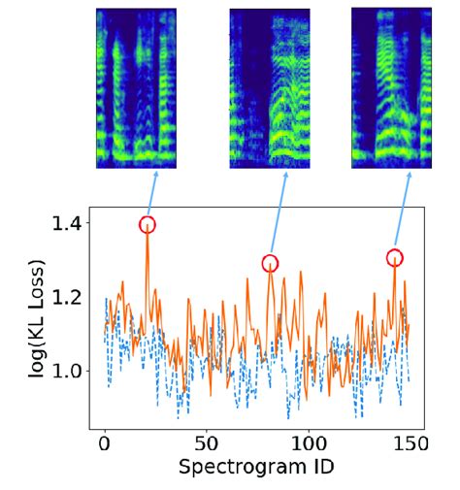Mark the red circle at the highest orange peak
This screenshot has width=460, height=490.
click(147, 225)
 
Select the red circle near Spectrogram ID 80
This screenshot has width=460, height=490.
click(270, 263)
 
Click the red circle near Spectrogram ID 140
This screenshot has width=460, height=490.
click(395, 257)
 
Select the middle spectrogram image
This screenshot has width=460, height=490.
click(270, 88)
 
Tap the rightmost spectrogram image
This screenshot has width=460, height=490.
click(391, 87)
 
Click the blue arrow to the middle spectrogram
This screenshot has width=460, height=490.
click(279, 212)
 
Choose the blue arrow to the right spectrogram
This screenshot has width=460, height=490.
click(403, 209)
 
